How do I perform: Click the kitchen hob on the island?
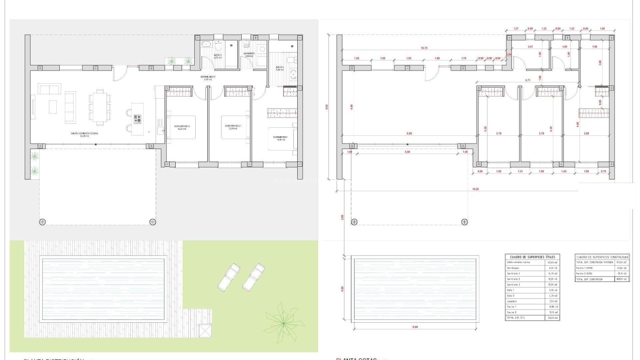[x=137, y=119]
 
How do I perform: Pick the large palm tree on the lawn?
[x=284, y=323]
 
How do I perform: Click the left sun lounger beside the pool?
[x=229, y=276]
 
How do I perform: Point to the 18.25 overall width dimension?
[x=476, y=189]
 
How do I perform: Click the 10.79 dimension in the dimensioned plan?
[x=424, y=48]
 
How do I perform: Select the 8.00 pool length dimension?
[x=415, y=327]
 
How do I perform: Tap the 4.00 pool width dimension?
[x=342, y=289]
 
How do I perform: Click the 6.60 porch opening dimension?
[x=407, y=152]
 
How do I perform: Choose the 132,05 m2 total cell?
[x=552, y=318]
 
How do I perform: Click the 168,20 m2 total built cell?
[x=622, y=279]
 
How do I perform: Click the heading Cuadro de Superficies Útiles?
[x=532, y=257]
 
